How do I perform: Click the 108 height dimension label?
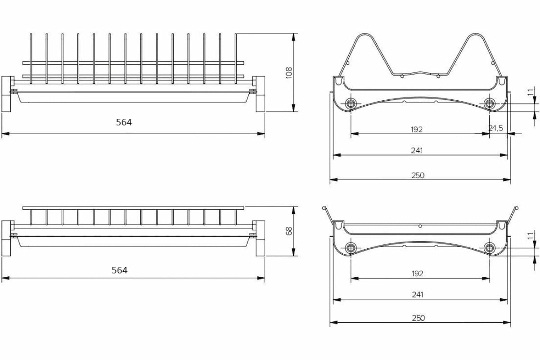click(x=289, y=72)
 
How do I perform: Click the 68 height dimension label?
click(x=289, y=231)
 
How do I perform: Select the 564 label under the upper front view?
click(x=124, y=122)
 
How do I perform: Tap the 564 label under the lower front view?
click(x=119, y=270)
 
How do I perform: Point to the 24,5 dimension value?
click(x=495, y=128)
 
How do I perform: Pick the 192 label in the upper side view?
click(x=417, y=129)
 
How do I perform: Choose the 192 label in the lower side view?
click(x=417, y=273)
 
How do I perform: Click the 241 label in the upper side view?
click(x=417, y=150)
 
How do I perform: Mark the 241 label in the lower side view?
click(x=418, y=295)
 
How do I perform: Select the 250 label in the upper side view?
click(x=418, y=175)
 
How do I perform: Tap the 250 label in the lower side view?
click(x=418, y=318)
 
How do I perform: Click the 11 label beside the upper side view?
click(x=530, y=92)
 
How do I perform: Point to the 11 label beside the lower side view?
click(x=530, y=236)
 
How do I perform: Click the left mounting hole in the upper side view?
click(x=351, y=104)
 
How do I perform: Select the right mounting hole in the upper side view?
click(x=489, y=104)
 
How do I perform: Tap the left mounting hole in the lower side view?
click(x=351, y=247)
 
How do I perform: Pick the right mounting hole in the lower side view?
click(x=489, y=247)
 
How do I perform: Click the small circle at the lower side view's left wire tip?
click(x=324, y=207)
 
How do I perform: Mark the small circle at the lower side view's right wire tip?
click(x=517, y=207)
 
